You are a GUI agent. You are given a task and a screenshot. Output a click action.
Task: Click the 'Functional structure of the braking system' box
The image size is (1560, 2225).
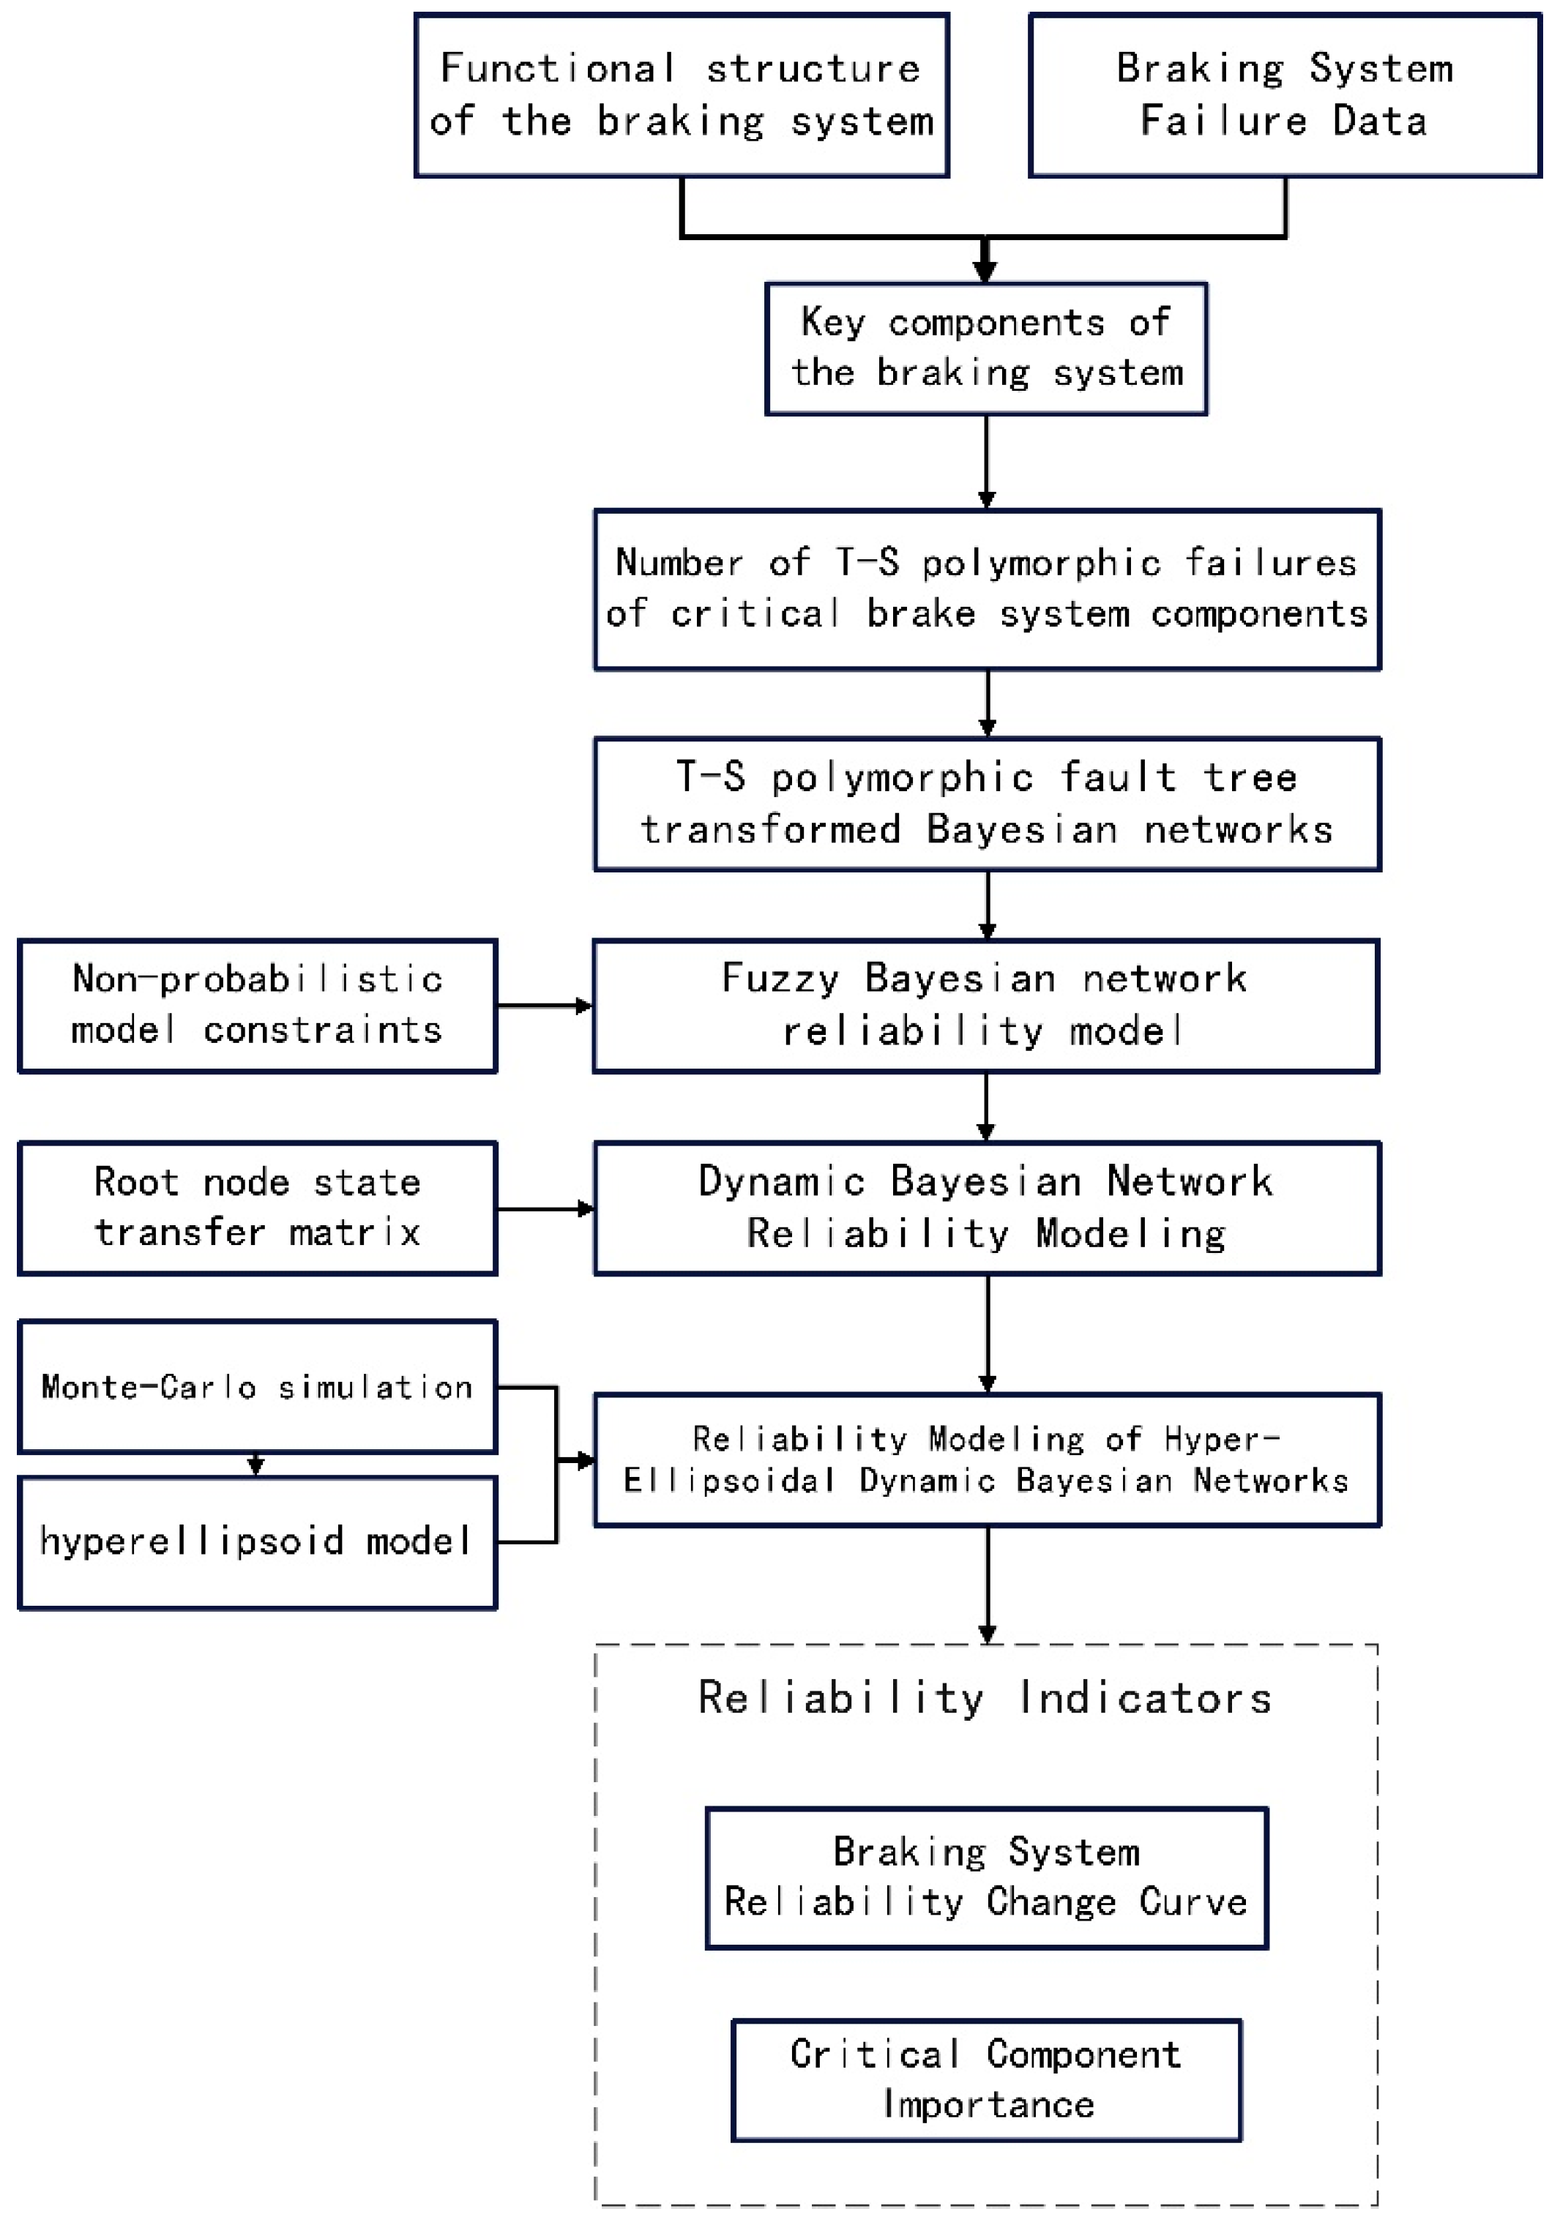coord(681,95)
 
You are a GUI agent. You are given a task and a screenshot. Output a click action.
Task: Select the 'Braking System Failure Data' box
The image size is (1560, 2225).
coord(1284,95)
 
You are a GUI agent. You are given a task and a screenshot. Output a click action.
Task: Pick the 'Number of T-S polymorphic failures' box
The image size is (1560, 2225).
coord(986,588)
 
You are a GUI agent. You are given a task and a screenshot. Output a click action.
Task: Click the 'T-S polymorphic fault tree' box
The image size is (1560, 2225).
coord(986,804)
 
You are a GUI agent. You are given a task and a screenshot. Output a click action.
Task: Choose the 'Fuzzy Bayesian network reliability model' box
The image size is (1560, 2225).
coord(985,1005)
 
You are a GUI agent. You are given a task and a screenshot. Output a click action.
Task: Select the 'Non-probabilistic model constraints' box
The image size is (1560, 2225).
coord(257,1005)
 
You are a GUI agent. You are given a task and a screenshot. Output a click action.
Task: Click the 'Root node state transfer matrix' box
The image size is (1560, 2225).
coord(257,1208)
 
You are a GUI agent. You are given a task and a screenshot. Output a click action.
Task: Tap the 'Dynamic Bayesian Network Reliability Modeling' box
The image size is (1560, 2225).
coord(986,1208)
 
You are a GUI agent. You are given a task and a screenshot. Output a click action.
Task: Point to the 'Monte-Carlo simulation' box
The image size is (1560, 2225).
coord(257,1387)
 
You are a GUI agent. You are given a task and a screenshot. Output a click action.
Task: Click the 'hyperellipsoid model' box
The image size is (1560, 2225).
coord(257,1541)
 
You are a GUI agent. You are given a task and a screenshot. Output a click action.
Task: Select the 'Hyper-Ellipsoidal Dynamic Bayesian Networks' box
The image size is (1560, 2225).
coord(986,1459)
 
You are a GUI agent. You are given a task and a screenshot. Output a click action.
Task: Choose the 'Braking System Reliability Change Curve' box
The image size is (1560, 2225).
coord(986,1877)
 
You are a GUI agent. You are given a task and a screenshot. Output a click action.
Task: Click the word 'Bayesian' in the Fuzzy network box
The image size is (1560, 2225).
coord(960,979)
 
